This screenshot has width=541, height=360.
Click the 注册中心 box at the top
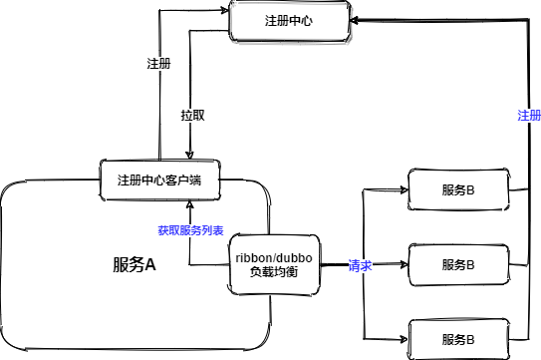pyautogui.click(x=292, y=21)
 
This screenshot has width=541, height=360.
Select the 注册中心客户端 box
pyautogui.click(x=159, y=180)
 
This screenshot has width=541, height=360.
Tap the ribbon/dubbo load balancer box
pyautogui.click(x=274, y=265)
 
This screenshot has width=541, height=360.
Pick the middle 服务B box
pyautogui.click(x=457, y=265)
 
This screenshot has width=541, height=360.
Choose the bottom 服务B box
pyautogui.click(x=457, y=339)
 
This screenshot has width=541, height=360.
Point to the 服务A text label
pyautogui.click(x=135, y=265)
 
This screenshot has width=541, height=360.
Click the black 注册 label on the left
pyautogui.click(x=157, y=63)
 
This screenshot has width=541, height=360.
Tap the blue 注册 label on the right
pyautogui.click(x=529, y=116)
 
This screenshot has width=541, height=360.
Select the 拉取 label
pyautogui.click(x=193, y=115)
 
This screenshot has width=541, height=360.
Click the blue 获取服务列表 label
pyautogui.click(x=190, y=229)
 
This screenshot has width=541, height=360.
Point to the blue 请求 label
pyautogui.click(x=360, y=266)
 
